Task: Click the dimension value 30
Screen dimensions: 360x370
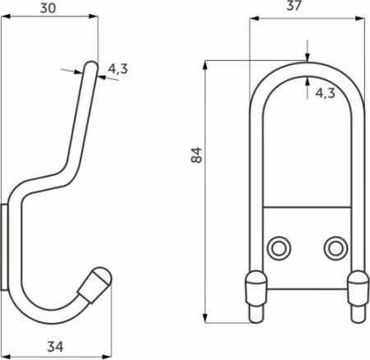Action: pos(52,9)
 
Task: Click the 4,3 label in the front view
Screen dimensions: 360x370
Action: pos(325,93)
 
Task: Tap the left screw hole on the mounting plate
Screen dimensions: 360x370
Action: pos(280,247)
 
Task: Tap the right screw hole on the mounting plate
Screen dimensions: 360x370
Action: pos(333,247)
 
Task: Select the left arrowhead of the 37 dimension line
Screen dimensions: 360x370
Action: pos(252,21)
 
